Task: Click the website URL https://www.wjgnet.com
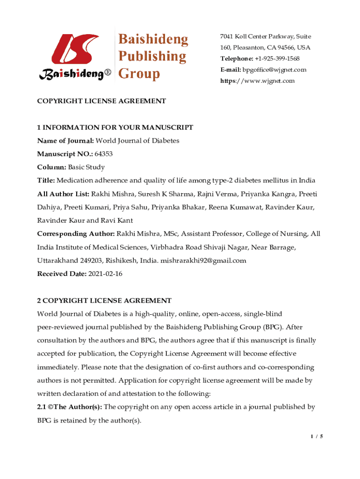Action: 258,81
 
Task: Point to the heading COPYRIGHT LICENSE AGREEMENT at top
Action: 101,101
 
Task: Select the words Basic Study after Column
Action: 86,167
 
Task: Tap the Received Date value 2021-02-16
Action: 105,274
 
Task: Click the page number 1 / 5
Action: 317,436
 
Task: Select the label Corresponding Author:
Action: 76,234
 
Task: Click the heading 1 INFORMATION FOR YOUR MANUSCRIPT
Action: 115,127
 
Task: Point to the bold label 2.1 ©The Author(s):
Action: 70,407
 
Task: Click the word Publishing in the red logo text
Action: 151,56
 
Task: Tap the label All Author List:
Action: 63,194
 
